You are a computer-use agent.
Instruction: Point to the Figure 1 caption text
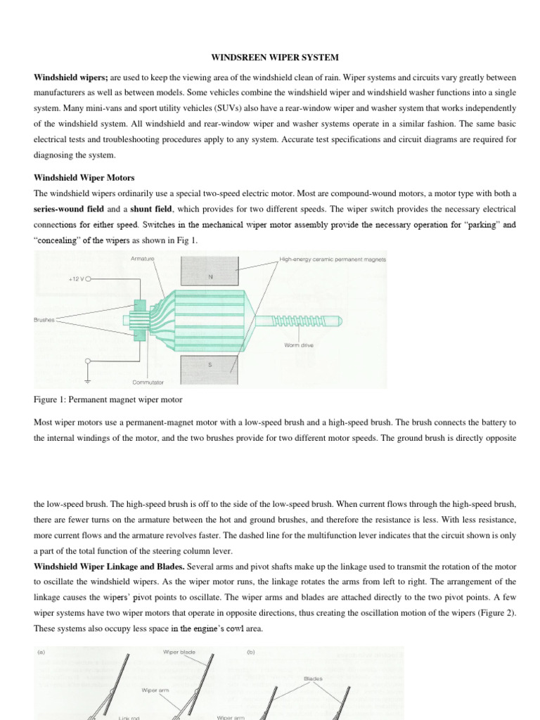point(108,399)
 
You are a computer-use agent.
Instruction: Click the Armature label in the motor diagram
point(143,259)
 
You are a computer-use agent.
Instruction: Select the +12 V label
point(75,278)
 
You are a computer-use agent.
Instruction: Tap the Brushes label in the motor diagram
point(44,319)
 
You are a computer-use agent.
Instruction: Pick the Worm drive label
point(299,345)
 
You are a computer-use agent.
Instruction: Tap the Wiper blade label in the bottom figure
point(179,652)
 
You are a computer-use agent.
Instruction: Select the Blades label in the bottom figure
point(313,679)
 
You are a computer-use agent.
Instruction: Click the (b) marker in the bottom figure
point(251,652)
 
